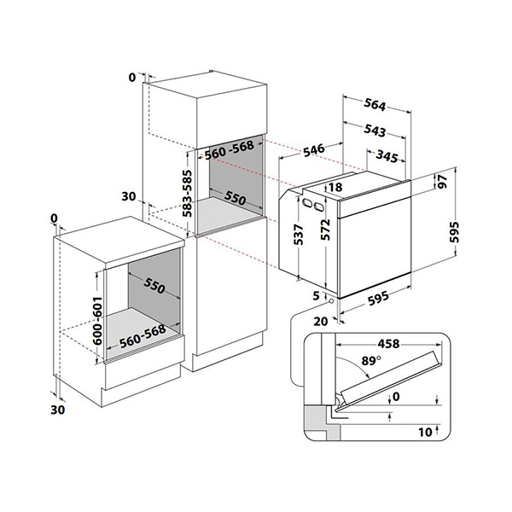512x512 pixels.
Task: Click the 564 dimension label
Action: tap(375, 106)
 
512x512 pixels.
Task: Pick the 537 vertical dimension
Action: tap(297, 236)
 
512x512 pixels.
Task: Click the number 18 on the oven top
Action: tap(335, 187)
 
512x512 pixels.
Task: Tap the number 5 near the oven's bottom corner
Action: tap(316, 295)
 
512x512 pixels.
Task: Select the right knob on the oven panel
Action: tap(320, 207)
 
